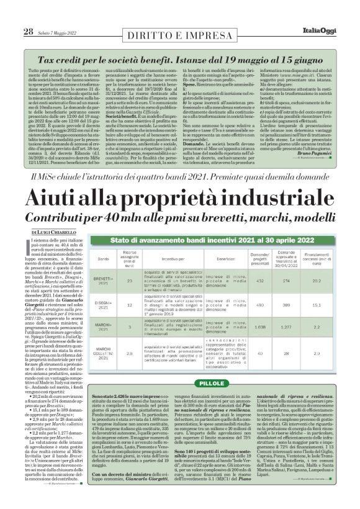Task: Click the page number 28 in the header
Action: (11, 14)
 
